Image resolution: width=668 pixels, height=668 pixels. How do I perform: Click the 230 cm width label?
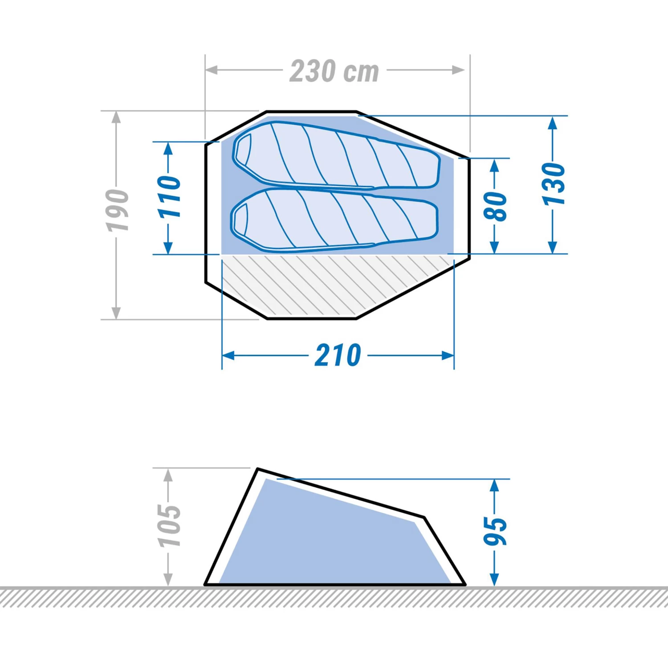334,71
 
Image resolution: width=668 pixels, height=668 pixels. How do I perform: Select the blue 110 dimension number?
170,197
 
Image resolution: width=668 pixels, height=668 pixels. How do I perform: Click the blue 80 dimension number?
495,206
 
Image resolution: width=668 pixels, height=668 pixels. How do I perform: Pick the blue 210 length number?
338,355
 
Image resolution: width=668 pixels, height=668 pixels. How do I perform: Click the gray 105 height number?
169,525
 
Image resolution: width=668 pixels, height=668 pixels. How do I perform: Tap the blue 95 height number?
495,531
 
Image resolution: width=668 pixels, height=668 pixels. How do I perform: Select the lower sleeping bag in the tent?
334,219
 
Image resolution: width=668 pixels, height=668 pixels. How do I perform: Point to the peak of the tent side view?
258,469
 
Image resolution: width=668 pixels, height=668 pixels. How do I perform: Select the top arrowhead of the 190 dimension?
116,117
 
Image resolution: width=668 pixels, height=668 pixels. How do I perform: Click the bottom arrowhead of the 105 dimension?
168,580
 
